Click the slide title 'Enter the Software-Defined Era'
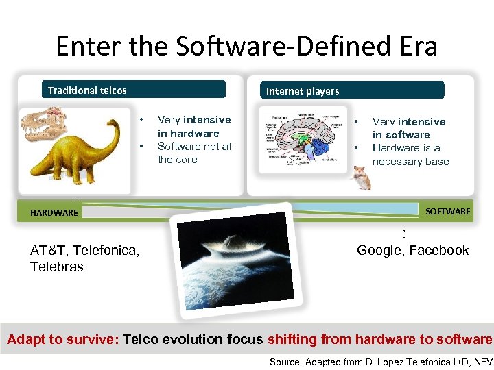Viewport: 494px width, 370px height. tap(246, 47)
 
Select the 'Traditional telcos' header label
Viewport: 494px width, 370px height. tap(87, 90)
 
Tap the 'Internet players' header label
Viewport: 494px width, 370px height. tap(303, 91)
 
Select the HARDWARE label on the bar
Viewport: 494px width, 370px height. tap(54, 213)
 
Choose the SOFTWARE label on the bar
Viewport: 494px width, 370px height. tap(447, 212)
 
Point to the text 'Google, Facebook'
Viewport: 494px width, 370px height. tap(413, 250)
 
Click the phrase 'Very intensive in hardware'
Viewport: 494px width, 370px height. tap(194, 127)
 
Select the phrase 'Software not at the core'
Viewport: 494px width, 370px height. tap(195, 153)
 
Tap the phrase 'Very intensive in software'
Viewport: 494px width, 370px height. tap(409, 128)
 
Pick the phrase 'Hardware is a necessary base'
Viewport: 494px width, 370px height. tap(410, 155)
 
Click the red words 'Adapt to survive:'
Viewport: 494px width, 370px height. tap(63, 339)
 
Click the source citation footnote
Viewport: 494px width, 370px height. tap(381, 361)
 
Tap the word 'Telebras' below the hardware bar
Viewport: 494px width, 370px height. tap(57, 267)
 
